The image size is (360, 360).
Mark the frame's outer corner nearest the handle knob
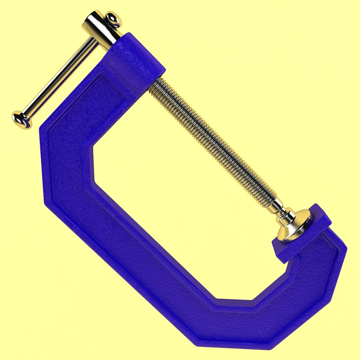point(42,128)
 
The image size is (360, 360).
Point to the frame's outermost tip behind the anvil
point(345,248)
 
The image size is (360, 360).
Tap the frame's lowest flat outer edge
point(233,343)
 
